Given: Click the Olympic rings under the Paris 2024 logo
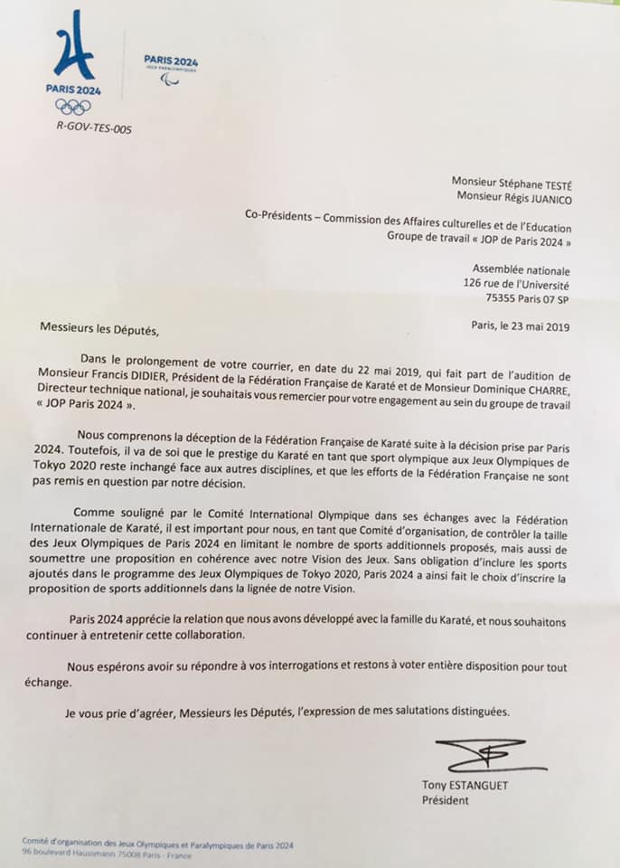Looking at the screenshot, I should point(73,106).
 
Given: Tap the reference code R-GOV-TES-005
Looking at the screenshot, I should point(94,129).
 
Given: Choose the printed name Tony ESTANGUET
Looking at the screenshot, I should point(465,785).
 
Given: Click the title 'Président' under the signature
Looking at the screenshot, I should point(446,800).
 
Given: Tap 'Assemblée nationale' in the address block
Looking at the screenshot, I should point(521,269).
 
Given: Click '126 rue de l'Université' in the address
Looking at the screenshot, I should point(517,283).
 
